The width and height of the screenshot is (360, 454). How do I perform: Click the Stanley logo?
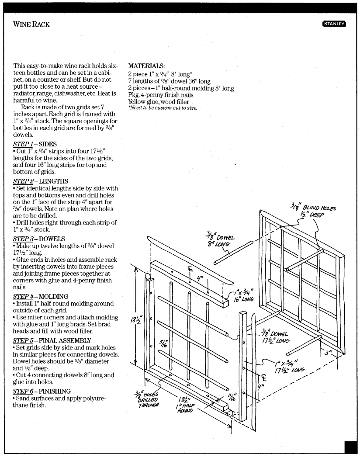coord(334,24)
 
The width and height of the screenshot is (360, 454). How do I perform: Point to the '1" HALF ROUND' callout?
coord(185,410)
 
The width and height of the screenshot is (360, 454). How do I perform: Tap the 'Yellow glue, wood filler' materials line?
coord(162,101)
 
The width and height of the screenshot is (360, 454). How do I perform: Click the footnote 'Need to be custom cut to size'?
coord(163,107)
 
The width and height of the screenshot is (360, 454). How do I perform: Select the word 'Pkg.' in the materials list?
coord(133,95)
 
